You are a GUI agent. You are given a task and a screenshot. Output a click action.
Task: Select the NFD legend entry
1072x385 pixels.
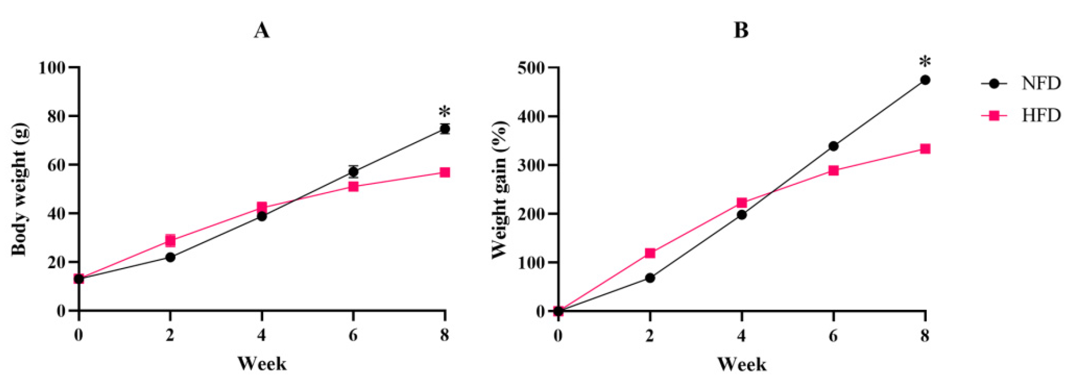click(1040, 84)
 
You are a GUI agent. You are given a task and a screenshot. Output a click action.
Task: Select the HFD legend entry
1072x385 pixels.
click(1040, 115)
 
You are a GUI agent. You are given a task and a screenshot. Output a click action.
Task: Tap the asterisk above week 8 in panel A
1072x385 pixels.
click(444, 113)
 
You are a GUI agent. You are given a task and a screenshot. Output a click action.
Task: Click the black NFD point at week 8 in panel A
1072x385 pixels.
click(445, 129)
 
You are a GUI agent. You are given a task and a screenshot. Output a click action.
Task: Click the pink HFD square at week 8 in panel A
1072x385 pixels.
click(445, 172)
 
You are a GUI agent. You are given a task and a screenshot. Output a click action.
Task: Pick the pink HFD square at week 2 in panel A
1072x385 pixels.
click(170, 240)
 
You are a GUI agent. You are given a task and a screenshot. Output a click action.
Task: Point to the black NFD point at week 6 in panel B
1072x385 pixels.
click(833, 146)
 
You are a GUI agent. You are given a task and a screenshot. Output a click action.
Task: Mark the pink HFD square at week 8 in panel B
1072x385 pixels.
click(925, 149)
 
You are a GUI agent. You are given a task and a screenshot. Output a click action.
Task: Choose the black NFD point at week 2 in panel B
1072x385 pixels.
click(650, 278)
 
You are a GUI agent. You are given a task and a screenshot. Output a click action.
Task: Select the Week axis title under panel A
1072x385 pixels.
click(262, 363)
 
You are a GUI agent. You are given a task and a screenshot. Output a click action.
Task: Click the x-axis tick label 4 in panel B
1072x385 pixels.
click(741, 335)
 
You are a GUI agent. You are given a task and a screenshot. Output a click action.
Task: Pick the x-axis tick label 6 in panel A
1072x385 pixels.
click(353, 335)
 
